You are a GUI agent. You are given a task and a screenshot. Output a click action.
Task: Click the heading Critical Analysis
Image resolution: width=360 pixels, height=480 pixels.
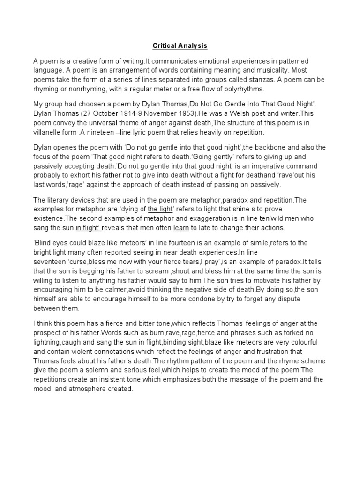click(x=180, y=46)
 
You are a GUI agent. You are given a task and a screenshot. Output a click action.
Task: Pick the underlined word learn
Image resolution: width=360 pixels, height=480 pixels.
click(x=181, y=227)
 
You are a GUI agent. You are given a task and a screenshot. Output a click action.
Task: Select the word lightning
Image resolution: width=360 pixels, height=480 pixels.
click(x=47, y=342)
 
